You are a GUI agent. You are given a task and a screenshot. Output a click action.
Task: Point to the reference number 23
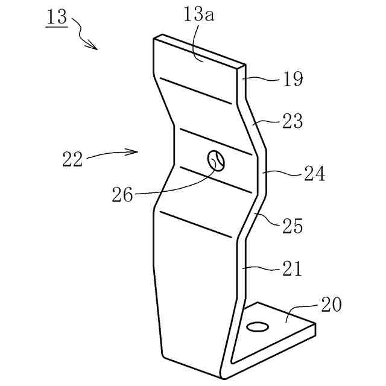(x=291, y=121)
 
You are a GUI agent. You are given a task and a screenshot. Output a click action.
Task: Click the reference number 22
(x=73, y=159)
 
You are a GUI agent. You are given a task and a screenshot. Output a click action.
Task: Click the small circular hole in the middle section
(x=217, y=160)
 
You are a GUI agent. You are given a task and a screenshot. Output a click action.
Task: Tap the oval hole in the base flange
(x=259, y=326)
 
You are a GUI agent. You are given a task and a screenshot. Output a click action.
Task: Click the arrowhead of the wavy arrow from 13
(x=93, y=47)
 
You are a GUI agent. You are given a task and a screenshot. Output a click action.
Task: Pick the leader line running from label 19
(x=263, y=78)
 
